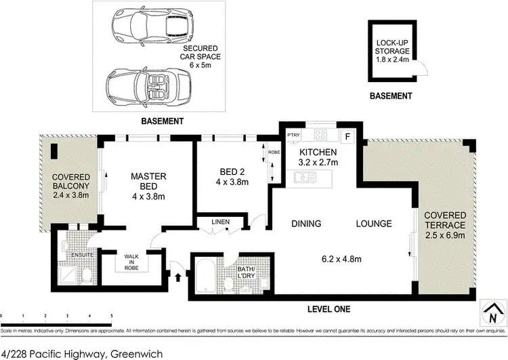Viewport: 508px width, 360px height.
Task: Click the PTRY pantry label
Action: (293, 134)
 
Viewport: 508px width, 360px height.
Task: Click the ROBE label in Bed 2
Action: (274, 153)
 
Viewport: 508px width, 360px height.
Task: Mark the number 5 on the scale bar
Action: (111, 317)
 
